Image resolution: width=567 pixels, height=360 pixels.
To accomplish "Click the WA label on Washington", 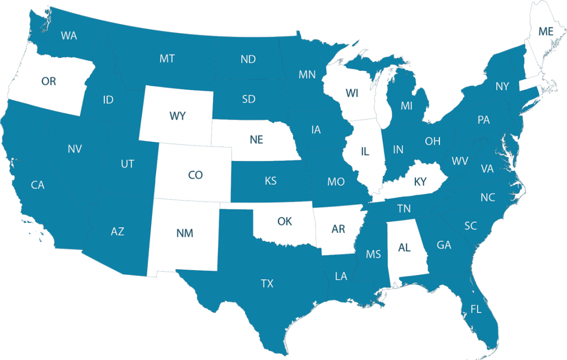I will click(x=69, y=36).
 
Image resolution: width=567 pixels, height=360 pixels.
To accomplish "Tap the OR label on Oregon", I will click(x=48, y=81).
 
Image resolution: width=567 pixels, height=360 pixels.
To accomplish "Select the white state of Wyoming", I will click(x=177, y=116).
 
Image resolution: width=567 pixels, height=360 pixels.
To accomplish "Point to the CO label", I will click(x=195, y=175).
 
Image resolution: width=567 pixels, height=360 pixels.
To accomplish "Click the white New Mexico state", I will click(x=185, y=233).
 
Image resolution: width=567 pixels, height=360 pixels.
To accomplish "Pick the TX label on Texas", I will click(x=267, y=283).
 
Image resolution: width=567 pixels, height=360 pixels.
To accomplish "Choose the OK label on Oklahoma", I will click(x=285, y=221).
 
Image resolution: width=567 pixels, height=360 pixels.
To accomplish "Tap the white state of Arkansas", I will click(x=338, y=229).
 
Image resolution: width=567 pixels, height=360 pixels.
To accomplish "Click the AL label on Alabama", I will click(x=404, y=248).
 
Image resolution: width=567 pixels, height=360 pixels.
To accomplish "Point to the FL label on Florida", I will click(x=476, y=309).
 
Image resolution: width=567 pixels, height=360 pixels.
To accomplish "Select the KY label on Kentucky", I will click(x=420, y=182).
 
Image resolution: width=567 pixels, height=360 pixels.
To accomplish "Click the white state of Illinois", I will click(x=365, y=152).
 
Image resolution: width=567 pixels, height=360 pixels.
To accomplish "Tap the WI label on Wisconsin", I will click(x=352, y=93).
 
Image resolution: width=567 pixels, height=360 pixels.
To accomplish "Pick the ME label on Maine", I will click(x=546, y=31).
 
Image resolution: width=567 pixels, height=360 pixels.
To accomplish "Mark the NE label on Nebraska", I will click(x=256, y=140).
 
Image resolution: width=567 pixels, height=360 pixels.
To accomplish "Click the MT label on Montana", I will click(x=167, y=58).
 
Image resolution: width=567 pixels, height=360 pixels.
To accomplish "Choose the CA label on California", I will click(x=37, y=185).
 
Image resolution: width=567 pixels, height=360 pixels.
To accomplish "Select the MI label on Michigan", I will click(x=406, y=106).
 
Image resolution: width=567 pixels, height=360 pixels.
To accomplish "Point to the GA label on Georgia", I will click(x=444, y=245).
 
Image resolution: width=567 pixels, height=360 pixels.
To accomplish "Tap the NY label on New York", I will click(x=502, y=86).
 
